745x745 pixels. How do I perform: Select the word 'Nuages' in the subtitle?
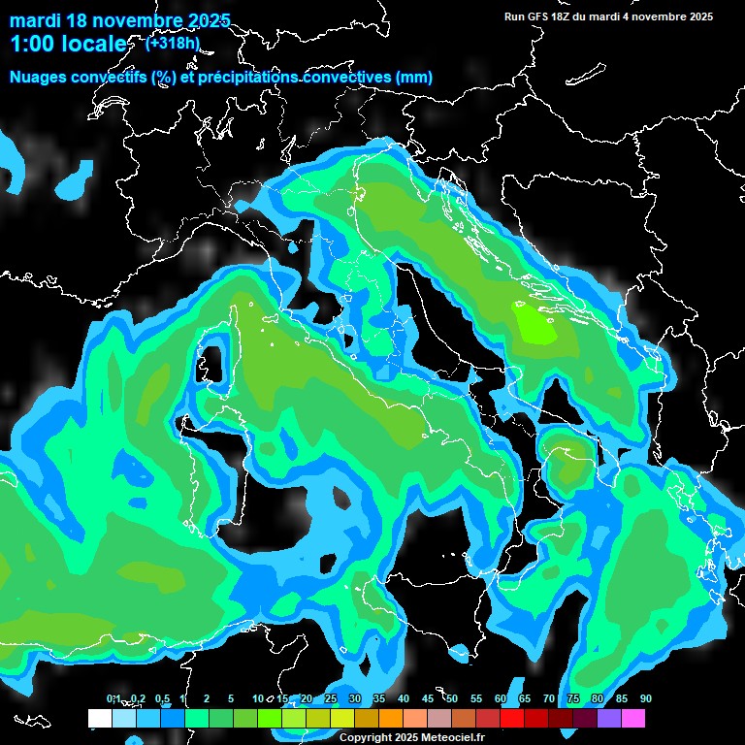pyautogui.click(x=42, y=78)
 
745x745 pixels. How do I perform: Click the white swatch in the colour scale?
pyautogui.click(x=99, y=719)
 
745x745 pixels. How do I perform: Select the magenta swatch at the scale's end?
pyautogui.click(x=633, y=719)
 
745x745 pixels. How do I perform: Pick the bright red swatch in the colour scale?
pyautogui.click(x=512, y=719)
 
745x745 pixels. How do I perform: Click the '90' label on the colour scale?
pyautogui.click(x=645, y=699)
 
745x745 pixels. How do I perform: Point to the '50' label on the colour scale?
pyautogui.click(x=452, y=699)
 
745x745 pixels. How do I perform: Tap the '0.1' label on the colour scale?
pyautogui.click(x=113, y=699)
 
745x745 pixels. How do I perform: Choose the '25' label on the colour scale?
pyautogui.click(x=331, y=699)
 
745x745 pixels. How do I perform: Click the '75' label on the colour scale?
pyautogui.click(x=573, y=699)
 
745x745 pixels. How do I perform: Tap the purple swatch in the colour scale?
pyautogui.click(x=609, y=719)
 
